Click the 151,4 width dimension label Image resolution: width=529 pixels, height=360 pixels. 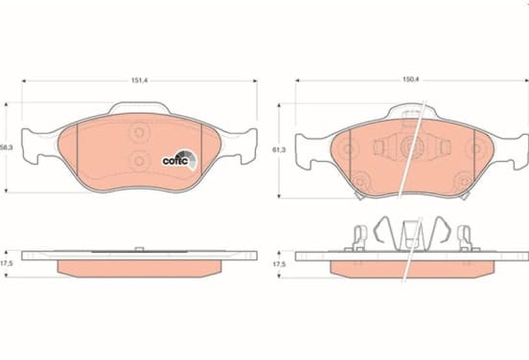tap(140, 80)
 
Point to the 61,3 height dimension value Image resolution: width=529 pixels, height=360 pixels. tap(279, 150)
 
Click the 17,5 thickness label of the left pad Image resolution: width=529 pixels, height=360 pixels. tap(6, 263)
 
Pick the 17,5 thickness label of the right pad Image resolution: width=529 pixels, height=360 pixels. tap(279, 264)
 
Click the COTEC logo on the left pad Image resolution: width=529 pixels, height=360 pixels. tap(179, 160)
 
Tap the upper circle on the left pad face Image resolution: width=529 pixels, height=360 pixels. tap(139, 133)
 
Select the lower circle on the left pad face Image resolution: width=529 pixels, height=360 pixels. tap(139, 161)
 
